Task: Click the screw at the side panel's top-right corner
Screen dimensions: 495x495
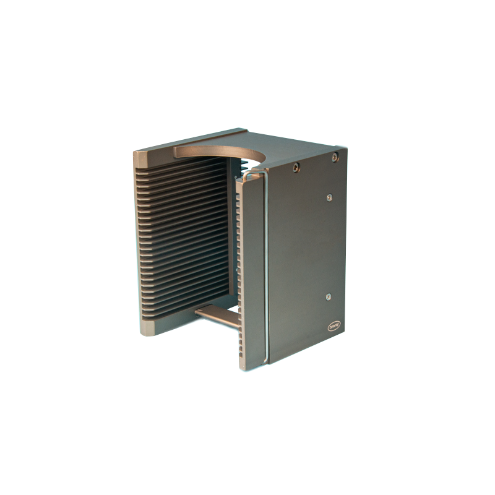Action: click(x=335, y=157)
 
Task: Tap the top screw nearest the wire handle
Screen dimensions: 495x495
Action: click(x=296, y=166)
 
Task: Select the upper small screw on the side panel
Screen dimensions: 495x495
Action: click(x=329, y=197)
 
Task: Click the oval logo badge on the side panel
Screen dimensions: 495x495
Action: click(x=334, y=325)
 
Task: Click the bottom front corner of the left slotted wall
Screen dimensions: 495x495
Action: click(x=148, y=327)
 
